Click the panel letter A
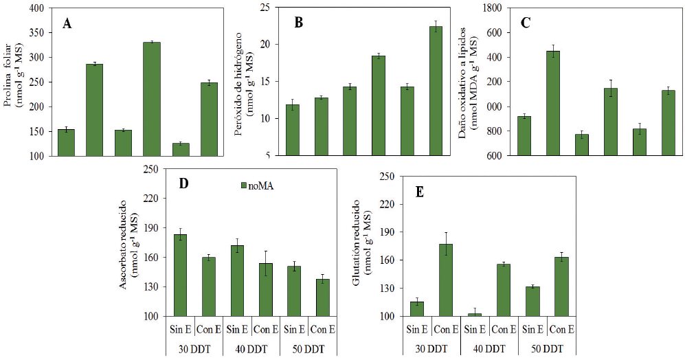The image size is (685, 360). click(67, 24)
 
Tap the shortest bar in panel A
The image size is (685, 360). click(181, 149)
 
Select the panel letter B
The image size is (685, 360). click(298, 23)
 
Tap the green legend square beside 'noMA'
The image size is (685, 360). click(234, 185)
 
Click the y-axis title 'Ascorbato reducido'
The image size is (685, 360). click(124, 244)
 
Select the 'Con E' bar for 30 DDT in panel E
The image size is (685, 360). click(446, 280)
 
